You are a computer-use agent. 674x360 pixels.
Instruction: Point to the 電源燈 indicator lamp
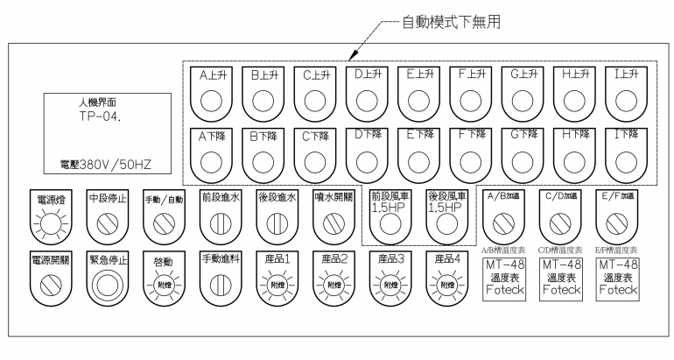(52, 225)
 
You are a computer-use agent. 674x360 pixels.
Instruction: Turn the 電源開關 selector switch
(52, 284)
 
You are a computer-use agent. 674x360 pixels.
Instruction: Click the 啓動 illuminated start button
(165, 284)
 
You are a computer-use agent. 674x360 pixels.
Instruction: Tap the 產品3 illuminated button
(390, 284)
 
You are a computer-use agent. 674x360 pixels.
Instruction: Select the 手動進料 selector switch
(221, 284)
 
